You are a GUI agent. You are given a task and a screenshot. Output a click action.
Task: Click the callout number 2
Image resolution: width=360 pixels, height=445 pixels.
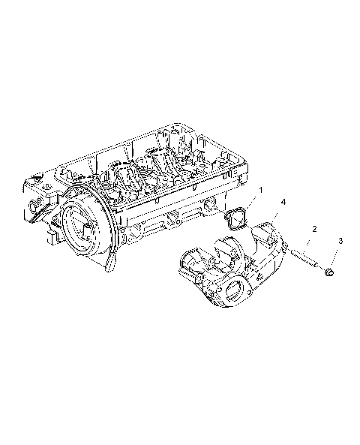pos(314,227)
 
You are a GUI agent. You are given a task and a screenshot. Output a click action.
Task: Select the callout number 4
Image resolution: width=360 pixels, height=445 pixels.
pos(283,203)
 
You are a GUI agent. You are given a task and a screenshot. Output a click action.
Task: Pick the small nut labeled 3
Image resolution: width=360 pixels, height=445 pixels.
pos(328,272)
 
